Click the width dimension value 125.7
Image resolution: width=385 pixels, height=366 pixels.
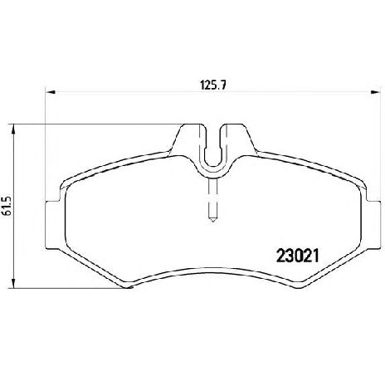click(x=213, y=85)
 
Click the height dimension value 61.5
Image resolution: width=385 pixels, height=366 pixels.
click(x=6, y=206)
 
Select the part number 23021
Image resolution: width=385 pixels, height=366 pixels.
click(x=298, y=256)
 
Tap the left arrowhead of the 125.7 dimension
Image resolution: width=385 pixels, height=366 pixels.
click(x=51, y=92)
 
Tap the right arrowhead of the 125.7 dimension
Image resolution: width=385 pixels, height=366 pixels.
click(x=376, y=92)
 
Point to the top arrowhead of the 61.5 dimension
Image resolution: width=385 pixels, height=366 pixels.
click(x=12, y=129)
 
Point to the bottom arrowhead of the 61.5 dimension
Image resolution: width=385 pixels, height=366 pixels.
click(x=12, y=283)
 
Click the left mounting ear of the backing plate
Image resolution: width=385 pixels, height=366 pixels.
click(x=52, y=225)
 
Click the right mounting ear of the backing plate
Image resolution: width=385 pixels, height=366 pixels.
click(x=373, y=225)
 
